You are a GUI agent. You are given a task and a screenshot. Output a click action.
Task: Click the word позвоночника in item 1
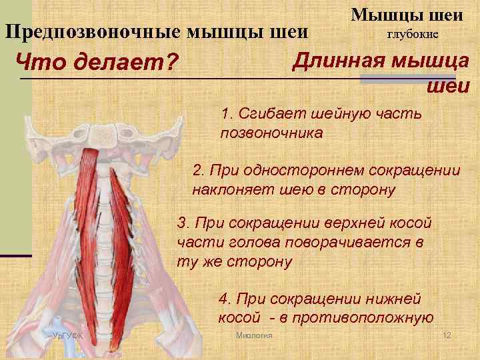click(271, 132)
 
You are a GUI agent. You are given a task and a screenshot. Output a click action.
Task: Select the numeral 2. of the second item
click(198, 170)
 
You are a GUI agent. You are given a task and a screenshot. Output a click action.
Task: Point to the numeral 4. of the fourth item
click(225, 298)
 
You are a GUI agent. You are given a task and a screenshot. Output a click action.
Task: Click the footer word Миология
click(254, 335)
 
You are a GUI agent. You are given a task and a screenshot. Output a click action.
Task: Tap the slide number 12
click(447, 335)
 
